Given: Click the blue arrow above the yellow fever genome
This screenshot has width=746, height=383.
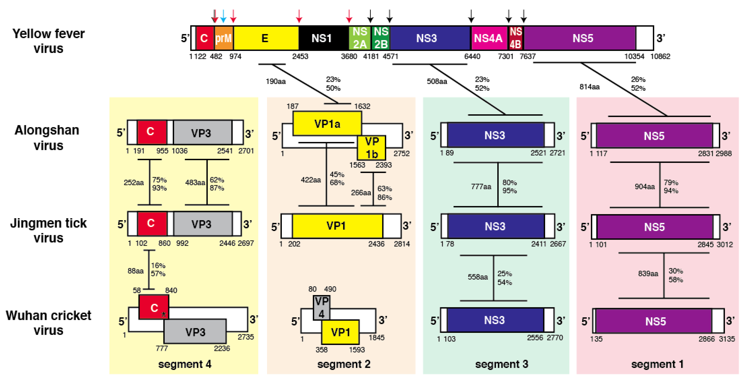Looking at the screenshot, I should (x=223, y=16).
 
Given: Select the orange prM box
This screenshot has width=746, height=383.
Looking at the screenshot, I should (x=224, y=38).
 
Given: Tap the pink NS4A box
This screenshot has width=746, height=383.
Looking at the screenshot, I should (x=488, y=38).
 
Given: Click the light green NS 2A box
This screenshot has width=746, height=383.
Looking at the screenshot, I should (x=360, y=38).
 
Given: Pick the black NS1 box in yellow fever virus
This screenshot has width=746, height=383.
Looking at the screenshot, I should (x=321, y=38).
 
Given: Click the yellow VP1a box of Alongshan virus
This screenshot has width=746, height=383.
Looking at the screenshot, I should (x=327, y=124).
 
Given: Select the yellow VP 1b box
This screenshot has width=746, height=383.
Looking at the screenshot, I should (x=371, y=148).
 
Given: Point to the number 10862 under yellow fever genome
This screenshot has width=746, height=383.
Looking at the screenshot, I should (x=660, y=56).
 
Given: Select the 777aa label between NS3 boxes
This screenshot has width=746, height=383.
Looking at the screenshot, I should (x=481, y=186).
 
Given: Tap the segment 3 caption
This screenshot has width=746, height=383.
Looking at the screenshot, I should (x=502, y=364).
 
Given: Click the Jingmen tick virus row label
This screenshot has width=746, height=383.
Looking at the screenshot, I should (x=48, y=230).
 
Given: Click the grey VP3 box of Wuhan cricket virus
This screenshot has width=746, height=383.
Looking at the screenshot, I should (x=195, y=332).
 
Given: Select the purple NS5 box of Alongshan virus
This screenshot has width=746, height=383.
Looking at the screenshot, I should (x=654, y=136).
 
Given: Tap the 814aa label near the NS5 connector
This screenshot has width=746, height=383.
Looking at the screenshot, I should (x=589, y=87).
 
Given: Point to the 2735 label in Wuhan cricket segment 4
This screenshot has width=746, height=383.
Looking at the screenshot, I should (x=246, y=337).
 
